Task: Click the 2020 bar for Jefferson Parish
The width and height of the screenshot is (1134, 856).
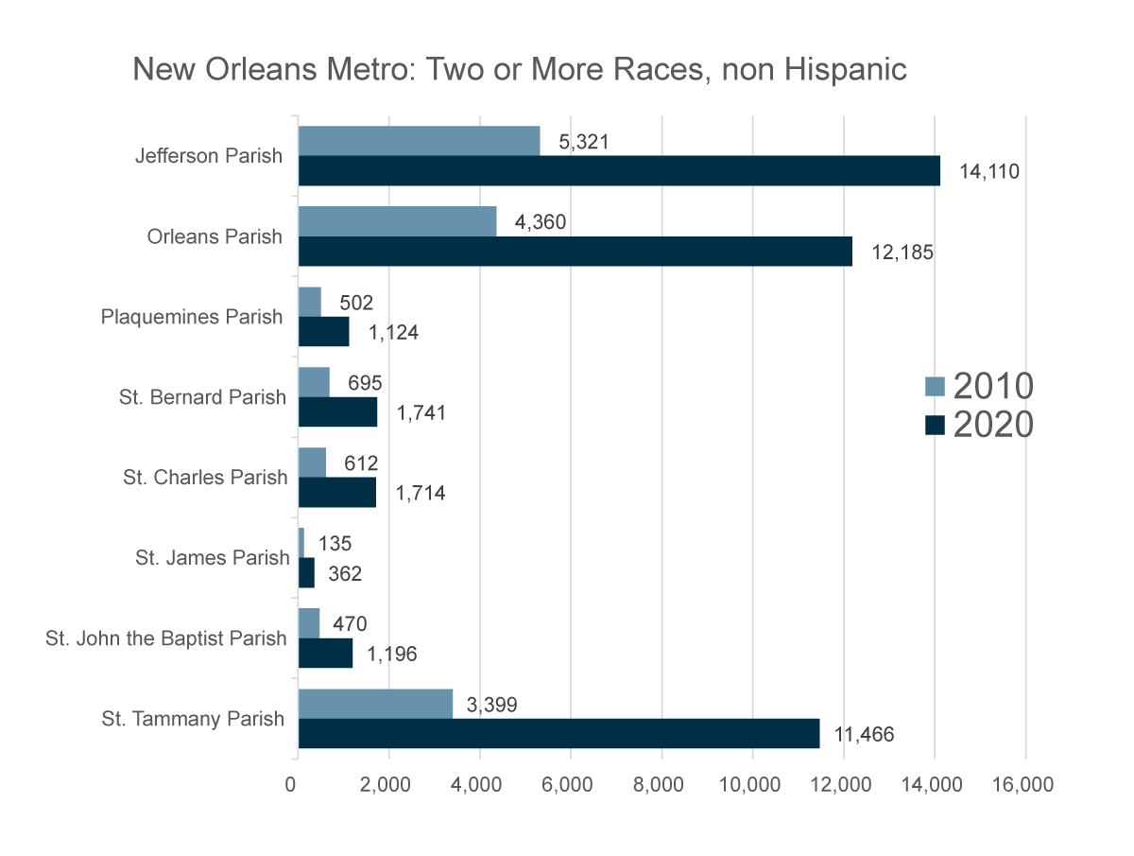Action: tap(619, 170)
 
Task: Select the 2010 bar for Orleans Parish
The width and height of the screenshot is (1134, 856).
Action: tap(397, 221)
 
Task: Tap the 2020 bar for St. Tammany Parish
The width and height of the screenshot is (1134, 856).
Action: tap(558, 733)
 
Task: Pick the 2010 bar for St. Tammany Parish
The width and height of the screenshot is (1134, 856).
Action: tap(375, 704)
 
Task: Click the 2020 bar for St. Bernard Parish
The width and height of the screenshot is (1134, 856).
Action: tap(337, 412)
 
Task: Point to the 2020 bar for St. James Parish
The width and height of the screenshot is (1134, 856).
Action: tap(306, 572)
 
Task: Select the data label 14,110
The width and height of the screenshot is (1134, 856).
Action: tap(989, 171)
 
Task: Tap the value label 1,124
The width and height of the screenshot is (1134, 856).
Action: tap(393, 333)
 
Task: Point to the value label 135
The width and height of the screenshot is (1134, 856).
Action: tap(335, 544)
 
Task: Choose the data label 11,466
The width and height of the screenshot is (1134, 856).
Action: tap(863, 734)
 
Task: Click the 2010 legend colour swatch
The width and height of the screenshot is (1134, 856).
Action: tap(935, 386)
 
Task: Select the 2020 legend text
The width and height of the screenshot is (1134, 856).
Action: tap(993, 425)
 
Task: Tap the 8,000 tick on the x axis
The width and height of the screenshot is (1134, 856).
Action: tap(661, 785)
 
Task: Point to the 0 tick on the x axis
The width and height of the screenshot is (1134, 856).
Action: tap(297, 785)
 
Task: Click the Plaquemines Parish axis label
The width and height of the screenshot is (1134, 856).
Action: tap(192, 316)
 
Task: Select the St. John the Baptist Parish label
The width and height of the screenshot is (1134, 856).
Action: tap(165, 638)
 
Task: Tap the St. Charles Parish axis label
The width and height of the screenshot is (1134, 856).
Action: tap(204, 477)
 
